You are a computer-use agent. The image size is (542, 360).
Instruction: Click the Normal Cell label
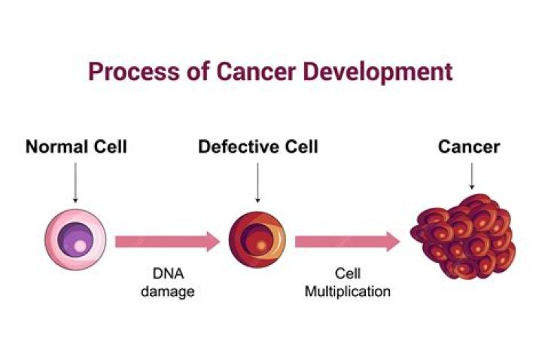coord(76,146)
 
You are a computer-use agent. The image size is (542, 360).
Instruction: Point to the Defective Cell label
coord(257,146)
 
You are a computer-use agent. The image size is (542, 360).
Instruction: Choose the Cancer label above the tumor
coord(469,146)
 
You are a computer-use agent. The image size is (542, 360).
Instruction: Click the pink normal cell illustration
coord(75,241)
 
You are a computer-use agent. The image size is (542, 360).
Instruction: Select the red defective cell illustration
coord(257,241)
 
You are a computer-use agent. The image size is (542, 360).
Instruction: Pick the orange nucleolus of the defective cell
coord(260,246)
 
